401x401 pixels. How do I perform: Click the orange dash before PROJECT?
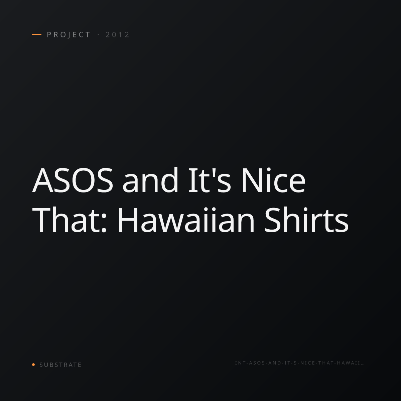click(37, 34)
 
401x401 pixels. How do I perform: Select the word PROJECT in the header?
click(69, 35)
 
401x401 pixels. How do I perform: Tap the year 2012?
click(117, 35)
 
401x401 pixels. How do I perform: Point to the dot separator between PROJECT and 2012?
click(98, 35)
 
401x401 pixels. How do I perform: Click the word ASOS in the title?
click(73, 180)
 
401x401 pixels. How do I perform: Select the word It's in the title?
click(210, 180)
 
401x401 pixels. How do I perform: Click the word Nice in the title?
click(273, 180)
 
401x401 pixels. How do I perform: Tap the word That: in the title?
click(69, 220)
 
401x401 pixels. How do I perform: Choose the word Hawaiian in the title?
click(186, 220)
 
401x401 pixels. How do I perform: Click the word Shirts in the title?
click(306, 220)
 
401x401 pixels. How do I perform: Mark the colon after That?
click(104, 224)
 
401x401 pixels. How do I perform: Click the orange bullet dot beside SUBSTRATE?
click(33, 364)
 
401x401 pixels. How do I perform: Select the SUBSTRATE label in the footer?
click(60, 365)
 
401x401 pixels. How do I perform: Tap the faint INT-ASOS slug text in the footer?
click(299, 363)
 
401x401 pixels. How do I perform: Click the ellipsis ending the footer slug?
click(363, 364)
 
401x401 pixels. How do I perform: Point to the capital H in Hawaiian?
click(127, 220)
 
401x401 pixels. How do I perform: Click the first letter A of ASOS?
click(43, 180)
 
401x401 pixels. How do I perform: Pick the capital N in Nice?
click(251, 180)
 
